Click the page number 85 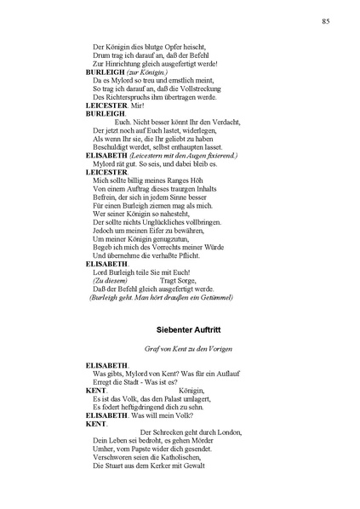325,20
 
